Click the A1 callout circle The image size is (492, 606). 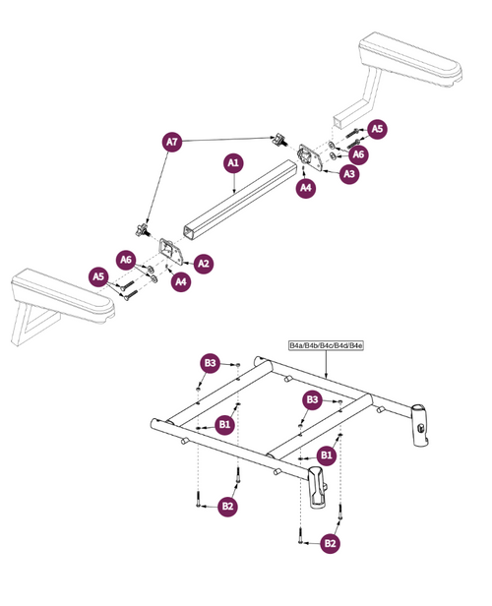point(234,161)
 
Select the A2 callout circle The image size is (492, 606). point(204,263)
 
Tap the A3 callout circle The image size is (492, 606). point(348,174)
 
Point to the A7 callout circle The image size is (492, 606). point(171,143)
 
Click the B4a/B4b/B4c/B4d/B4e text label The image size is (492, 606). point(326,346)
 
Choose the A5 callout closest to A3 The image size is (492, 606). point(378,129)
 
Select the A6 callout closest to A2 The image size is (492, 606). point(126,260)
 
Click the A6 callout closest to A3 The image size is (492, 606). point(359,153)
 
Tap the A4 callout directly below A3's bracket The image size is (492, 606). point(306,187)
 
